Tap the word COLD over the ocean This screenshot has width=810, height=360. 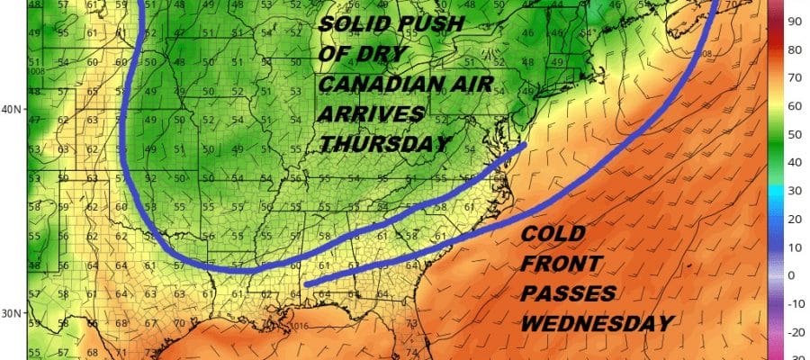point(554,235)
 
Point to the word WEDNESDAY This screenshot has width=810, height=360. point(598,322)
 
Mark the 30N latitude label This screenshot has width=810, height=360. point(12,312)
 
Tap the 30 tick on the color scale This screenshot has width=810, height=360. point(796,190)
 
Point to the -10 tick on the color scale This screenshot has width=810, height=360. point(796,303)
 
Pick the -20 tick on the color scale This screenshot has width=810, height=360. point(796,332)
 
